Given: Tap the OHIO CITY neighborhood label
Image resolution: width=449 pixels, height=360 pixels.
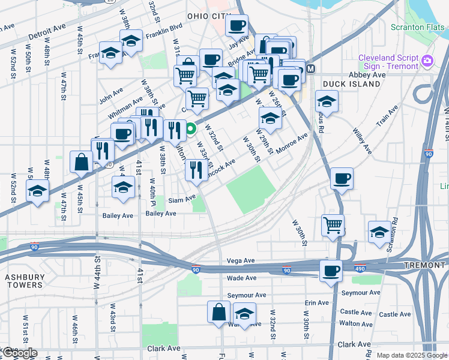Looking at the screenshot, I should point(209,16).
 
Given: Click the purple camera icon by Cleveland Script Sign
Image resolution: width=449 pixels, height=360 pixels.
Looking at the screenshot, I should point(427,60).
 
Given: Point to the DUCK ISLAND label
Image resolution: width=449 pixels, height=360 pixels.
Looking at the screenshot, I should point(351,84).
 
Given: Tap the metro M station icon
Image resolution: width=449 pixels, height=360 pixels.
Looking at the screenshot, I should point(311,68).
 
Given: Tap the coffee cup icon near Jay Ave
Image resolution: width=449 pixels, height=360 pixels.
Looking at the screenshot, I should point(237,26).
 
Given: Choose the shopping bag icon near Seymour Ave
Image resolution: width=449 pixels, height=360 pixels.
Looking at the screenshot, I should point(218,312).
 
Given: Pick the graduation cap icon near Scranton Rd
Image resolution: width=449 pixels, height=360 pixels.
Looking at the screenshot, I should point(379,232).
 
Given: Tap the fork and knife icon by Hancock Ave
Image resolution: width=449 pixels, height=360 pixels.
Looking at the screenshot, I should point(196,170).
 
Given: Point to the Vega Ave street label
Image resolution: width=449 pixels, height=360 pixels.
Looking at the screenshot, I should point(241,261).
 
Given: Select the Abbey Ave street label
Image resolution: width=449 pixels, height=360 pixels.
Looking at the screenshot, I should point(367,75).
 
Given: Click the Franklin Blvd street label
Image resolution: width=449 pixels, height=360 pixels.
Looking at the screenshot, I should point(166,28).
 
